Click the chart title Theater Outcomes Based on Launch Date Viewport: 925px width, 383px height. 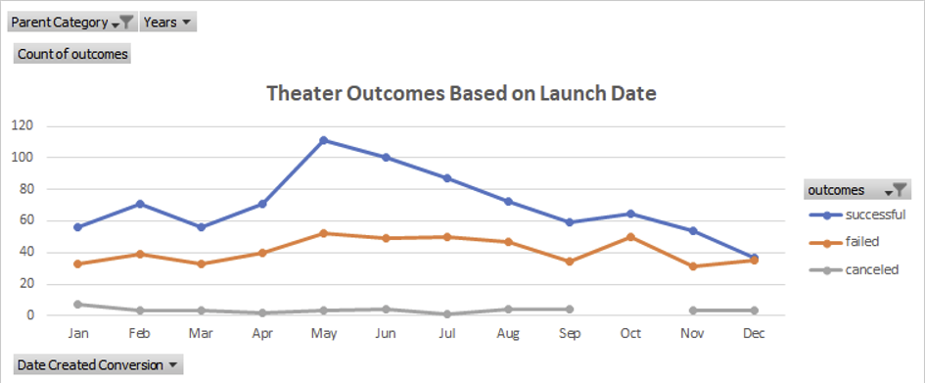(x=461, y=94)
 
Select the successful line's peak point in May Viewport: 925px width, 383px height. (x=324, y=140)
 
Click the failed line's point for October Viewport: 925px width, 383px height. (x=630, y=237)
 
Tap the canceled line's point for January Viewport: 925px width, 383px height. (x=77, y=305)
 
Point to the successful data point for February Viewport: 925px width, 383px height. (x=139, y=204)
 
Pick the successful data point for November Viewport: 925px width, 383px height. (x=692, y=231)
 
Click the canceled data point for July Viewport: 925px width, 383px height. (x=446, y=313)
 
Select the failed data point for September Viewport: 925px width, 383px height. (x=569, y=262)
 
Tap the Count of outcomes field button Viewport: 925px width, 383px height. (x=72, y=54)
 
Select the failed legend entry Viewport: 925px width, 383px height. (x=847, y=242)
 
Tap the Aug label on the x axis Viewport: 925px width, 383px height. (x=507, y=334)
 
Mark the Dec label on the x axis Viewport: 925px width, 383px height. (x=754, y=334)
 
